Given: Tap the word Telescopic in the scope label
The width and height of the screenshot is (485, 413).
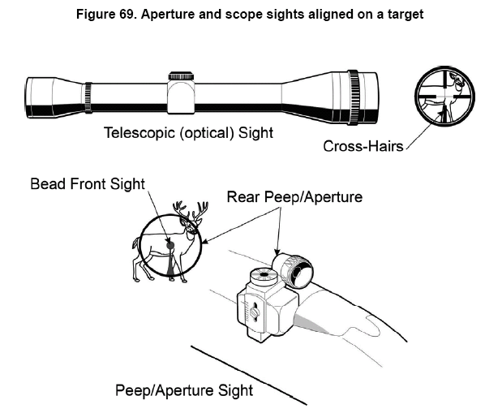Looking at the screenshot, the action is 139,133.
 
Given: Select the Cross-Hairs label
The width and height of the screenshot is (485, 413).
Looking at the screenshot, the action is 363,146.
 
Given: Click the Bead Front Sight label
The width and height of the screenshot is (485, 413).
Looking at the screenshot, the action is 88,183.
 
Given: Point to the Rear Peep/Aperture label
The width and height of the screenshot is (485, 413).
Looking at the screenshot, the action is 294,197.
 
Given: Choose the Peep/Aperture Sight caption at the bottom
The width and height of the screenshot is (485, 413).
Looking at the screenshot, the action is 184,390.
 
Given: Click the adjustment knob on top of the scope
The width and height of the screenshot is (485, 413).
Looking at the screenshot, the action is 181,76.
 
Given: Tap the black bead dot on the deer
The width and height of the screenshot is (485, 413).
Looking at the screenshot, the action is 170,245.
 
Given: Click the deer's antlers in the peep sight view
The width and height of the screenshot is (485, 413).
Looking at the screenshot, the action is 191,210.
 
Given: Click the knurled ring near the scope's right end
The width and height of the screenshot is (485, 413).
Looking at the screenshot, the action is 354,97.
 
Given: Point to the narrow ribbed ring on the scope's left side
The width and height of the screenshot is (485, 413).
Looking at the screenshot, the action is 88,97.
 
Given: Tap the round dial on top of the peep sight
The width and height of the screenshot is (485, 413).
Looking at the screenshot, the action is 264,276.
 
